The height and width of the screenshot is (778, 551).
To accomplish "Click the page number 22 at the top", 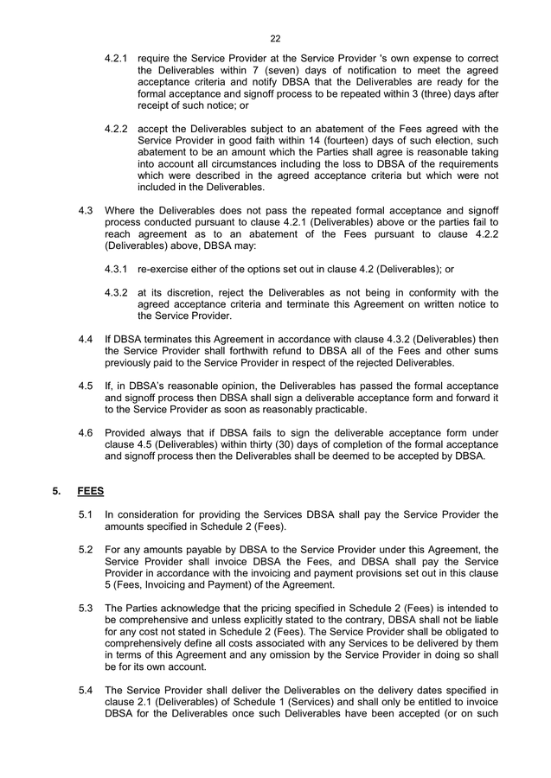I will (275, 39).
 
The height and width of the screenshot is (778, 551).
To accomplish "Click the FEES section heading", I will (90, 490).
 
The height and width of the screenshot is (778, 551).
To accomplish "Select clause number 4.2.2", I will (116, 129).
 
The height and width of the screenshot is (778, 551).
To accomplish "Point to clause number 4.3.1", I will (116, 269).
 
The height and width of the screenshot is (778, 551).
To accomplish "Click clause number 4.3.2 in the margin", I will (116, 292).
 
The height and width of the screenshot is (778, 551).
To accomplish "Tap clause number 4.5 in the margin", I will (86, 385).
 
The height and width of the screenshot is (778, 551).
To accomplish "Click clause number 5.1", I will (86, 515).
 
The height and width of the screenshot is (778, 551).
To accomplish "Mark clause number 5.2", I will (86, 549).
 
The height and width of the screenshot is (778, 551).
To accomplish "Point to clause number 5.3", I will (86, 608).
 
